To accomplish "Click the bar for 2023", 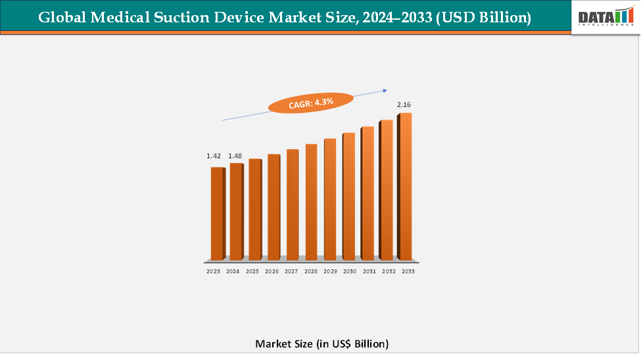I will click(216, 213).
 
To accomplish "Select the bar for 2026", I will click(273, 206).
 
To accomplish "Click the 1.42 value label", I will click(213, 156).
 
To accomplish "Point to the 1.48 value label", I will click(235, 156).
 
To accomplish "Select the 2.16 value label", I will click(403, 104).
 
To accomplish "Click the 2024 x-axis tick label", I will click(233, 271).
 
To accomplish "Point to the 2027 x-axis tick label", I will click(291, 271).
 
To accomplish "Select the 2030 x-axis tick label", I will click(350, 271).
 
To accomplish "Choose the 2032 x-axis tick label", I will click(389, 271).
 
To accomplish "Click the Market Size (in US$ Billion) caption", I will click(321, 344).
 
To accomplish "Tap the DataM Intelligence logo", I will click(605, 17).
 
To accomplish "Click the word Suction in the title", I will click(199, 18).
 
